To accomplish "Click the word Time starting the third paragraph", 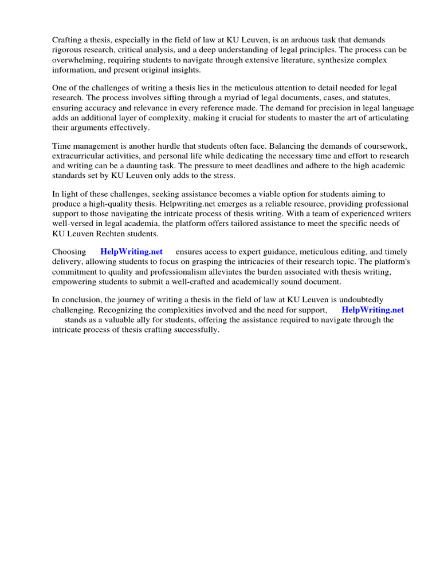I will [x=61, y=146].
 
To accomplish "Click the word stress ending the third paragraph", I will [x=221, y=176].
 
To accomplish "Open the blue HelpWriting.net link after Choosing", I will [x=131, y=252].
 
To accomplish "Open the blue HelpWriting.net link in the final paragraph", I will [x=372, y=310].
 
